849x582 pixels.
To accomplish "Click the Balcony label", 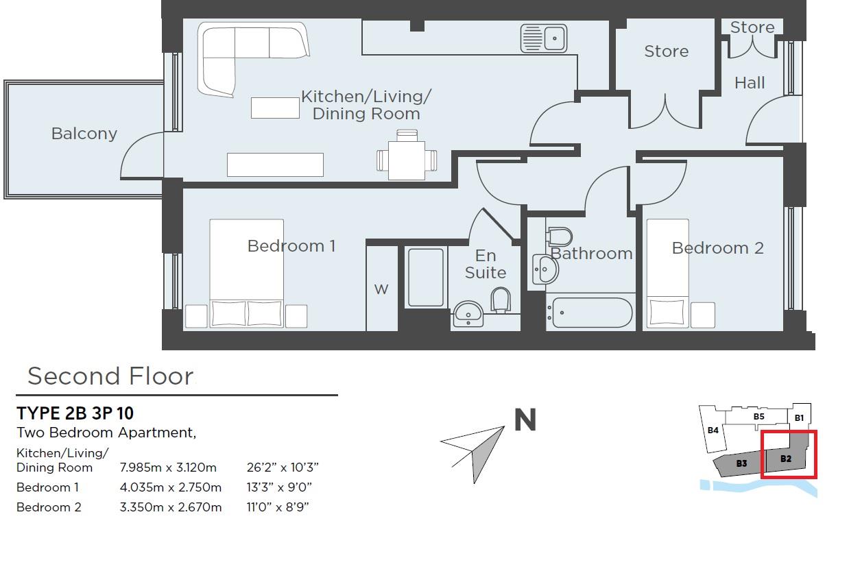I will coord(84,134).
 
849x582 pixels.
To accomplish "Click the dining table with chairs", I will coord(406,159).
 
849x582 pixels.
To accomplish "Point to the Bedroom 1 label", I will coord(291,245).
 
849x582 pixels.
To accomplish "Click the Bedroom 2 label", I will coord(717,248).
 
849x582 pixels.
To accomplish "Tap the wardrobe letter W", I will coord(381,289).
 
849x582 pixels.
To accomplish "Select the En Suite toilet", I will coord(501,300).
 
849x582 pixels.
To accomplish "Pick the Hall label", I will coord(750,83).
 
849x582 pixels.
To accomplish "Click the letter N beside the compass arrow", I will coord(525,420).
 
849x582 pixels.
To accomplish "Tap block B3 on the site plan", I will coord(741,464).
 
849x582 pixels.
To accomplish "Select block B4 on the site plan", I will coord(713,431).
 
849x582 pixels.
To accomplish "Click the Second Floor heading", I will coord(110,376).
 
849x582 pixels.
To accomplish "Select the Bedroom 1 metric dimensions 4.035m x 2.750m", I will coord(171,487).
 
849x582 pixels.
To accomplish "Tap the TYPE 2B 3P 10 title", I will coord(75,413).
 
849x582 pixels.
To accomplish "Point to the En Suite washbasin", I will coord(469,313).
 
